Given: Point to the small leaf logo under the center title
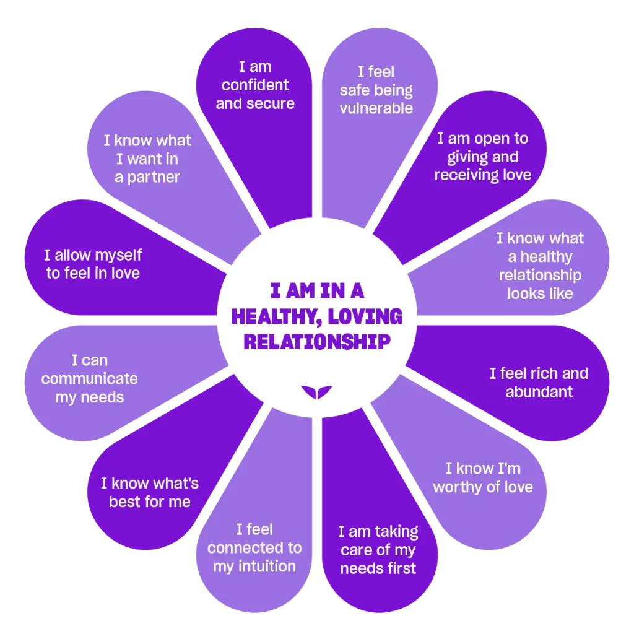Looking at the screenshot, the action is (316, 392).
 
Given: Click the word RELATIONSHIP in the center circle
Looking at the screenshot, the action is (317, 342).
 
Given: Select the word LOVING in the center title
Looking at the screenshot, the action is (365, 316).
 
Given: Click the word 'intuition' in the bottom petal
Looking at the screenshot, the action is (267, 566).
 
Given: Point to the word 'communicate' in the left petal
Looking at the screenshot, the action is (89, 379).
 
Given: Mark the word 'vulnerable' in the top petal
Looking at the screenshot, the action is (376, 108).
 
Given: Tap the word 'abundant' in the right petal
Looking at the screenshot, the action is (539, 392).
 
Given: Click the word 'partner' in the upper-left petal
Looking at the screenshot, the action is (154, 178).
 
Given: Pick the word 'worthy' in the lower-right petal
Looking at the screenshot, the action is (458, 488).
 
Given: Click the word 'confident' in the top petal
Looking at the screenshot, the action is (255, 85).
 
